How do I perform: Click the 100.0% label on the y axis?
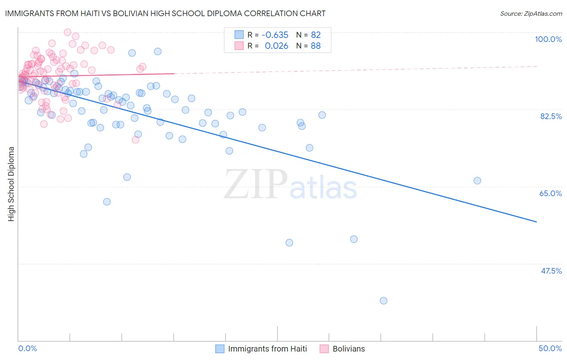[x=548, y=39]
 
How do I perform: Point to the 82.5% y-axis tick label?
[x=551, y=116]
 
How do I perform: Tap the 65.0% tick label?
[x=550, y=193]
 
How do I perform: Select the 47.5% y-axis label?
[x=551, y=271]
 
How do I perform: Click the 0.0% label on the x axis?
[x=27, y=348]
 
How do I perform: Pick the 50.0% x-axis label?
[x=550, y=348]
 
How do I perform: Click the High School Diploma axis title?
[x=11, y=184]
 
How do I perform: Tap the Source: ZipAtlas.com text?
[x=531, y=13]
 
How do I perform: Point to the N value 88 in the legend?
[x=315, y=46]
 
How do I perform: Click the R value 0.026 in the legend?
[x=276, y=46]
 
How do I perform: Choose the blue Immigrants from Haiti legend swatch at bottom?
[x=220, y=349]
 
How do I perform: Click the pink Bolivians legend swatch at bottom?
[x=324, y=349]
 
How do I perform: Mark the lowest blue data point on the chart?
[x=384, y=301]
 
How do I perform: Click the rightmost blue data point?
[x=477, y=181]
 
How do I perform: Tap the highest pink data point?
[x=67, y=32]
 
